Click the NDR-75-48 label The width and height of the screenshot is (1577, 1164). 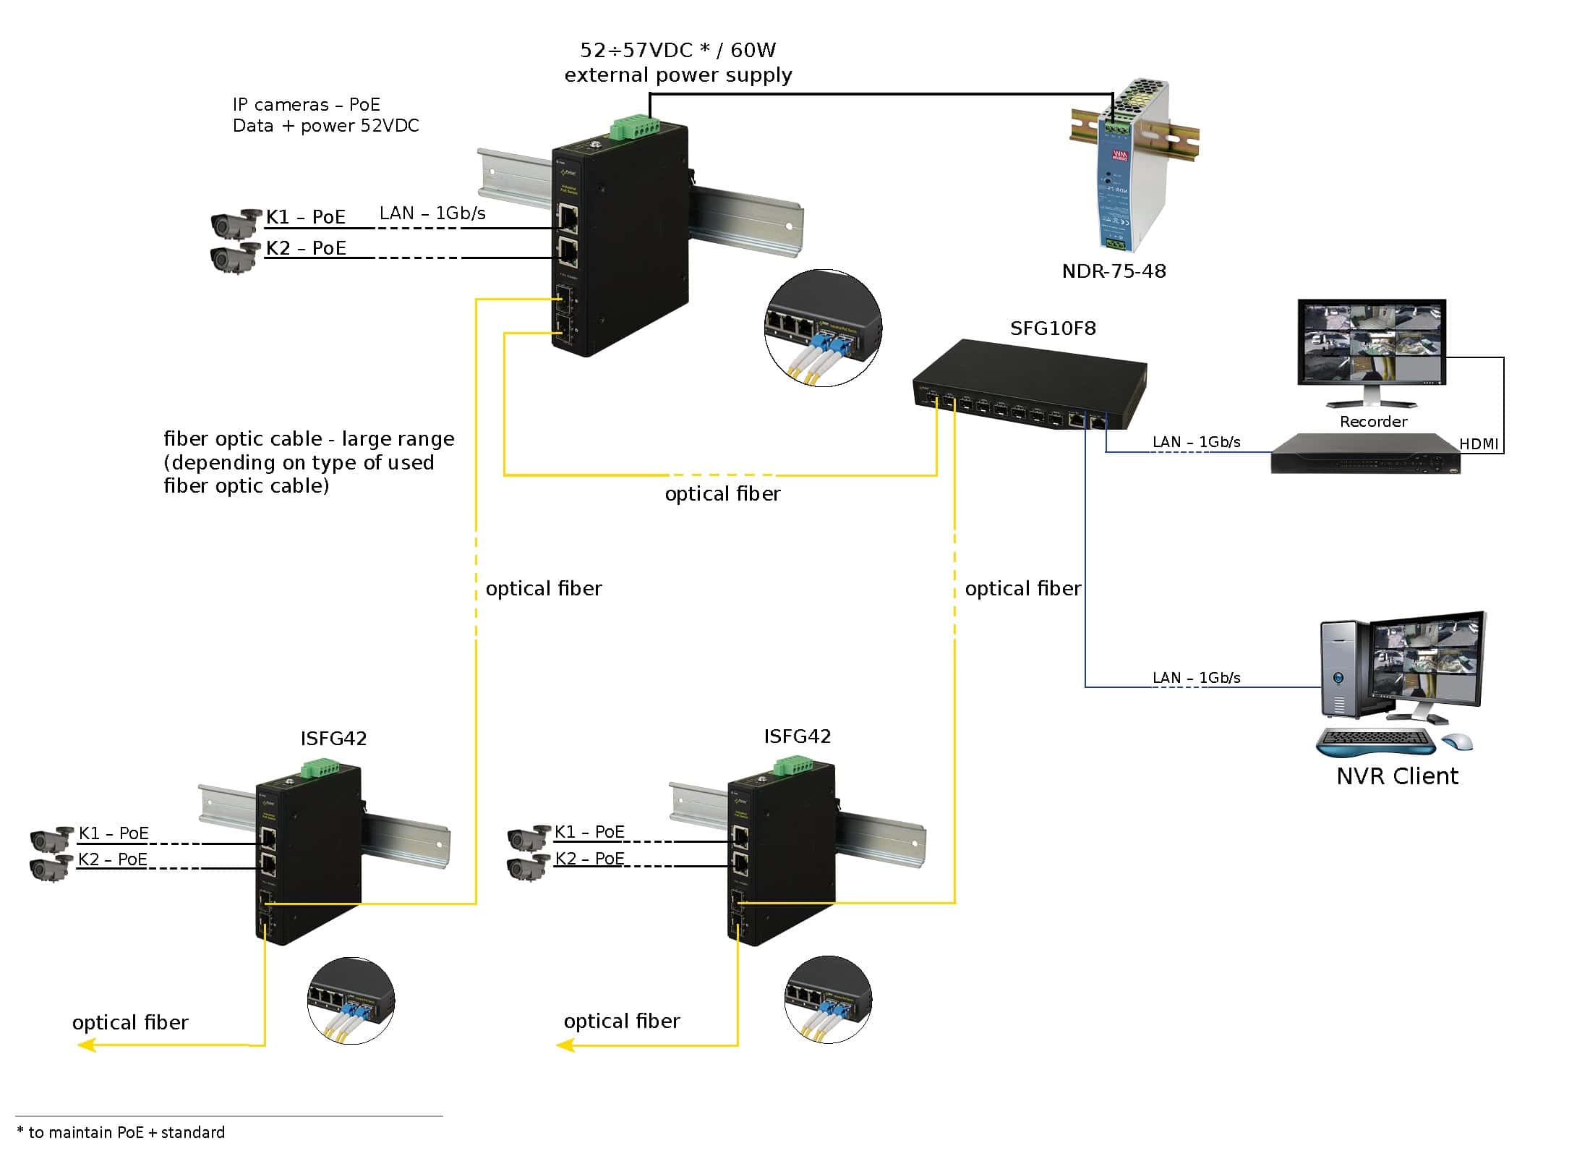click(1114, 271)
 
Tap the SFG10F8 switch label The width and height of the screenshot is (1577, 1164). click(1053, 328)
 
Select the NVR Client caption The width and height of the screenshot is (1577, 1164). click(1397, 776)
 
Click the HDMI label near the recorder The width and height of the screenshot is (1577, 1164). click(1479, 443)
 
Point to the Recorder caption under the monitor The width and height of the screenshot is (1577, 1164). click(1373, 422)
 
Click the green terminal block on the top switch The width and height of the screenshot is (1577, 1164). click(634, 126)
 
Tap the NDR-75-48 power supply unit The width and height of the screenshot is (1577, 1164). click(1128, 166)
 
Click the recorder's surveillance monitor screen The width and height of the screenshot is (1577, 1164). click(1371, 341)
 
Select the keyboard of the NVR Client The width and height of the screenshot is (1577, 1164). click(1375, 740)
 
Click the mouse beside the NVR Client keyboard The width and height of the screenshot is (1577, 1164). click(1457, 741)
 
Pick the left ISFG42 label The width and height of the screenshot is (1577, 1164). click(333, 739)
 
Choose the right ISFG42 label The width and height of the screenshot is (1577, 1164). click(798, 736)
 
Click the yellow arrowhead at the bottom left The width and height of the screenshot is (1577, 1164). click(87, 1045)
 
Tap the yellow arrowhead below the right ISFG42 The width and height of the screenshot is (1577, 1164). click(565, 1045)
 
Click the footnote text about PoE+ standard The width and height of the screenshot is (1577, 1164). click(121, 1132)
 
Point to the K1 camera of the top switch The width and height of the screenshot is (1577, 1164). click(236, 221)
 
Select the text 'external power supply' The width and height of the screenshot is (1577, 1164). click(678, 75)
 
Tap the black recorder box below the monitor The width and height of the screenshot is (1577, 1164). click(1365, 454)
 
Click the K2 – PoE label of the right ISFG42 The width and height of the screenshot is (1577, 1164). click(589, 859)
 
